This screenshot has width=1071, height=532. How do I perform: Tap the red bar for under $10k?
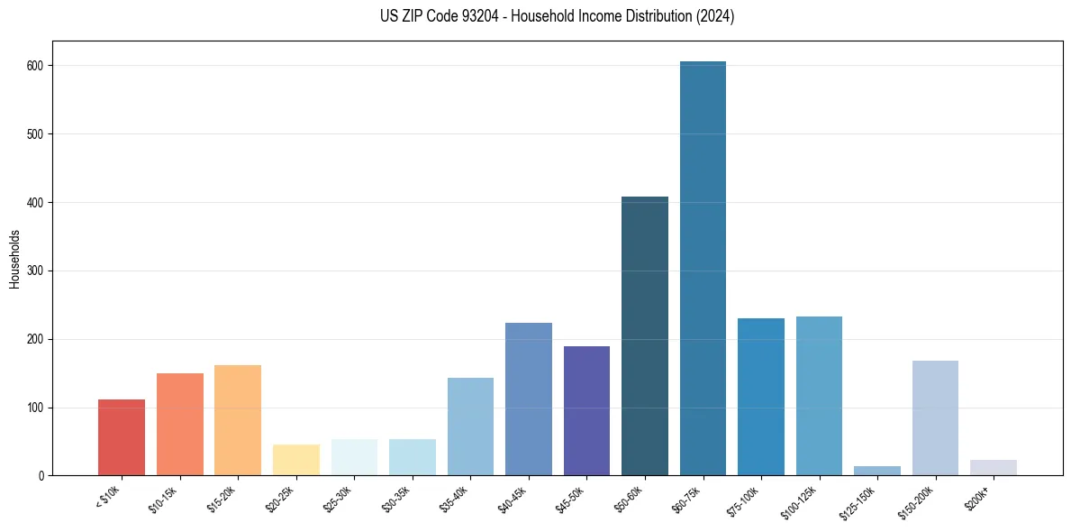tap(122, 437)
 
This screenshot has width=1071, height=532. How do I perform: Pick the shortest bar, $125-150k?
tap(876, 471)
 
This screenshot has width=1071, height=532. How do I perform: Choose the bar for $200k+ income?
tap(993, 468)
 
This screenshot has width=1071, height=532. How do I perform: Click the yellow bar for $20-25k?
tap(296, 460)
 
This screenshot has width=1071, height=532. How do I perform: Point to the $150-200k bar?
tap(935, 418)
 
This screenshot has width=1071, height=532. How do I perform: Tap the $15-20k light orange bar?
tap(238, 420)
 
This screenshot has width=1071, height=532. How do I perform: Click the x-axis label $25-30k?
tap(337, 498)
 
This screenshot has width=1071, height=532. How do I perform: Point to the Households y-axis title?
tap(14, 258)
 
